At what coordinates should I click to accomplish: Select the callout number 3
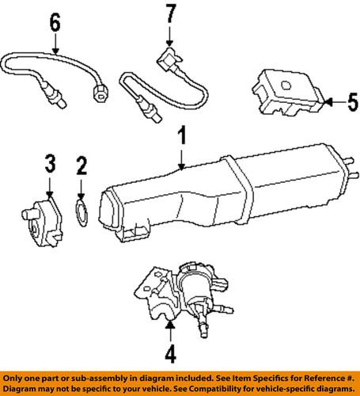49,165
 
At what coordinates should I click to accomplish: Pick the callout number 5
353,101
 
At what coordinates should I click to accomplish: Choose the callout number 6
55,25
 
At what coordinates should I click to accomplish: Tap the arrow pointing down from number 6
55,48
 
